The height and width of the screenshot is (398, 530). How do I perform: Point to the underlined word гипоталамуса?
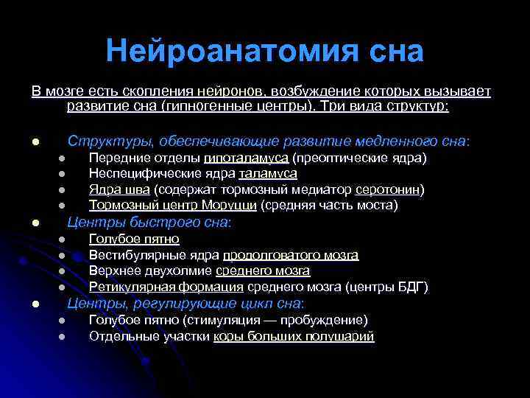pyautogui.click(x=246, y=158)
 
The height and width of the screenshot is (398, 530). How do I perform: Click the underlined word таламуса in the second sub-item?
pyautogui.click(x=268, y=173)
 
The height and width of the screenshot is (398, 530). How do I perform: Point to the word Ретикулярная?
pyautogui.click(x=130, y=287)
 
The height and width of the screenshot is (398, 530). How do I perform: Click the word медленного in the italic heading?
pyautogui.click(x=387, y=140)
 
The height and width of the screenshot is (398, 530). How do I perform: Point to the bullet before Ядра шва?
pyautogui.click(x=63, y=189)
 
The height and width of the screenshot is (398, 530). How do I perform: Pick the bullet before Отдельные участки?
pyautogui.click(x=63, y=336)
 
